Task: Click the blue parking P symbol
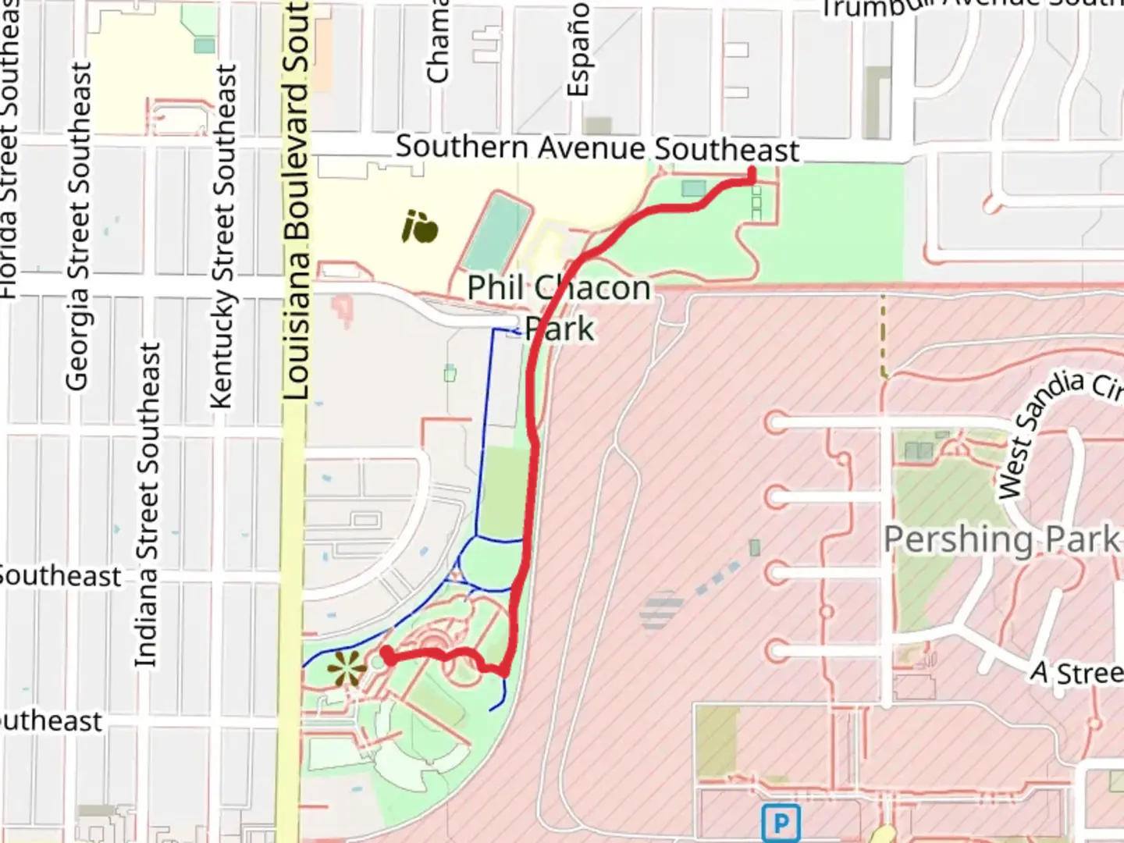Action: [780, 823]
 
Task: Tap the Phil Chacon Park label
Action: [559, 308]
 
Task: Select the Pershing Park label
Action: [1001, 539]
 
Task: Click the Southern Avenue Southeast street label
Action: [597, 148]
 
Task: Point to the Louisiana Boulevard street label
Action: [297, 203]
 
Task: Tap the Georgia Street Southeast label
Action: [77, 226]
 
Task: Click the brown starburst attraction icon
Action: [346, 670]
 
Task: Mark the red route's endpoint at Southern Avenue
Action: [752, 173]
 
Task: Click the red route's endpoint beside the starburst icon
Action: [387, 654]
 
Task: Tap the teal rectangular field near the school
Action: [496, 232]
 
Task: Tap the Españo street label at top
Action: [578, 48]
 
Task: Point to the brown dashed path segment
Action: [883, 336]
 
